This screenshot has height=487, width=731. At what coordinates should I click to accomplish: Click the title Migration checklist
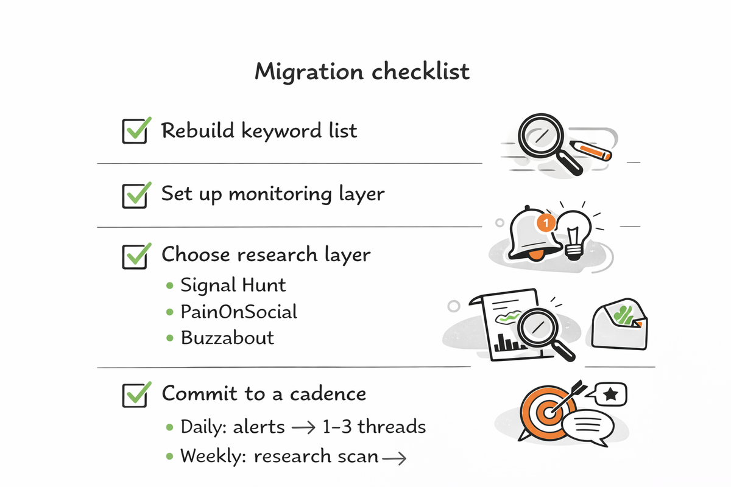[362, 71]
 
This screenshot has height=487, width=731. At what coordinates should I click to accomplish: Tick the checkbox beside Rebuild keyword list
[135, 131]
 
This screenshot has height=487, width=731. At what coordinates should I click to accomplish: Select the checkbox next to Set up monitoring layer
[135, 195]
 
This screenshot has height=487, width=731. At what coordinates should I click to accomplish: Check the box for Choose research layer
[135, 256]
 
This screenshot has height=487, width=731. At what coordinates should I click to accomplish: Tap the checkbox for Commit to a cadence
[135, 394]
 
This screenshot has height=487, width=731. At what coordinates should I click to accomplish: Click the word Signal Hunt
[233, 285]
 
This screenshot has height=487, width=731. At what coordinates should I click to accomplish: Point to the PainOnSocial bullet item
[239, 312]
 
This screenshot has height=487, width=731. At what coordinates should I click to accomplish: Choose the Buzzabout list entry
[227, 338]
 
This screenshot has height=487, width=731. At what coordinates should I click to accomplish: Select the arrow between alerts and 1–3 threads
[303, 427]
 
